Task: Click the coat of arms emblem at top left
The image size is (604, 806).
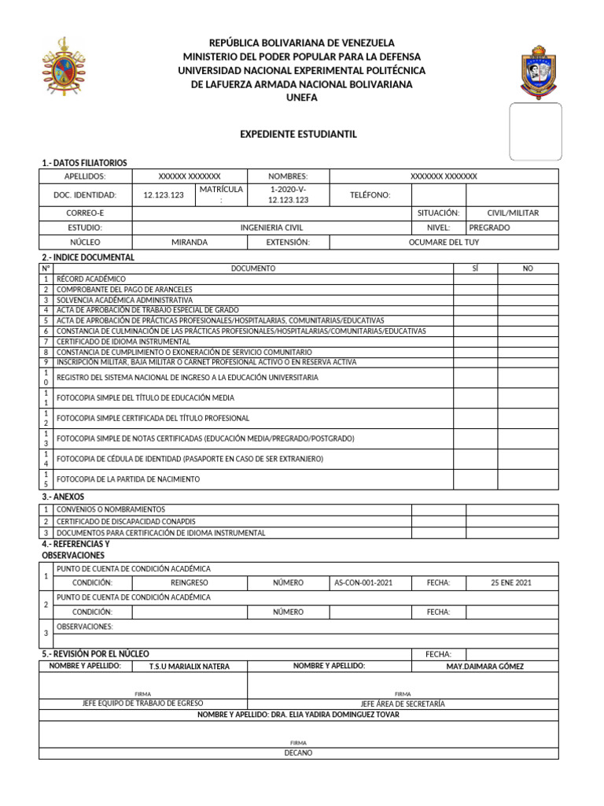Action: click(64, 69)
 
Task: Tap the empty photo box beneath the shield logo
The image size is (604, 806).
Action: click(535, 131)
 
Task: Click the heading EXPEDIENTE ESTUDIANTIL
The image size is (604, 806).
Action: click(298, 135)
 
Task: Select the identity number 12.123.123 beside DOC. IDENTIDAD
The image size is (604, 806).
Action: click(164, 195)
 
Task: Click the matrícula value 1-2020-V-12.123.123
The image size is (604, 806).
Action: click(287, 194)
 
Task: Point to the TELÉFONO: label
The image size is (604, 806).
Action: click(370, 195)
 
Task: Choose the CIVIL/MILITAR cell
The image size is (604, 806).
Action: click(513, 213)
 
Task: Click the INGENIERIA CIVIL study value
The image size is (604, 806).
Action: click(271, 227)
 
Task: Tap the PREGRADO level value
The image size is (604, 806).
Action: click(489, 227)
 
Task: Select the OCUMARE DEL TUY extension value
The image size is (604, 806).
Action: click(444, 242)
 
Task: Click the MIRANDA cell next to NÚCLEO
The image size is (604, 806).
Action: click(190, 242)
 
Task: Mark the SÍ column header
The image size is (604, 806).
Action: click(475, 268)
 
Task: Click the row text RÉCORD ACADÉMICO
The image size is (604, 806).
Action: click(91, 279)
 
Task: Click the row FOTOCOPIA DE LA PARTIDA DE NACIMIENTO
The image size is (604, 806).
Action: click(128, 479)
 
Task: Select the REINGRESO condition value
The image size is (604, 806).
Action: click(190, 582)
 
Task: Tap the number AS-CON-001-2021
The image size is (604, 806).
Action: click(363, 582)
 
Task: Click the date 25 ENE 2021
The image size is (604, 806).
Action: click(512, 582)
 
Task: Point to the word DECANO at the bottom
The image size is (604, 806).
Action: click(298, 752)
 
